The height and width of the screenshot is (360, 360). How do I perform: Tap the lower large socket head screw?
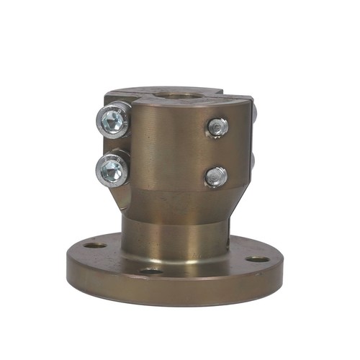112,170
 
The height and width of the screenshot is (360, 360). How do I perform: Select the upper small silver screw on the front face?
217,127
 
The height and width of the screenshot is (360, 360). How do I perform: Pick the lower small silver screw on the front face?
215,176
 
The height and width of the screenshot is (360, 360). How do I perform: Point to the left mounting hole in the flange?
94,246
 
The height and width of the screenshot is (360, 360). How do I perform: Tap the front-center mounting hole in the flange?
151,271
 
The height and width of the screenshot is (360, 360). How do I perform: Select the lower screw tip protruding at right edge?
256,160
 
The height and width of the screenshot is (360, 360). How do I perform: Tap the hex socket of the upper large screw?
111,122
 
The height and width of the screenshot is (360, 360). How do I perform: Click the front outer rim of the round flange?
173,292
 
